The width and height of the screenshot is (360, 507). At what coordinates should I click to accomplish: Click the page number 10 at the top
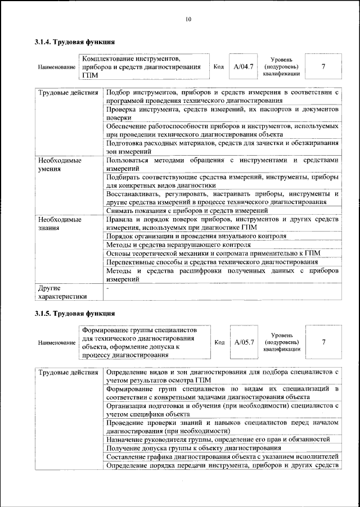[188, 20]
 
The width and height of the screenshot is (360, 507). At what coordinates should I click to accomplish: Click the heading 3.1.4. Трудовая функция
[75, 42]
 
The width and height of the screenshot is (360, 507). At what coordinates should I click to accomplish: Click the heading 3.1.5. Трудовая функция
[75, 313]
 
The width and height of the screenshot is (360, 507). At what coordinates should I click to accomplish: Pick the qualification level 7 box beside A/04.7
[323, 67]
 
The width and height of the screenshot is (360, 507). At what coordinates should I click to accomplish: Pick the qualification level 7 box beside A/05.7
[323, 342]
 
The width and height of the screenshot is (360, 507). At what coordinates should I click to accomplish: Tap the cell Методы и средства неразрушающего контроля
[178, 245]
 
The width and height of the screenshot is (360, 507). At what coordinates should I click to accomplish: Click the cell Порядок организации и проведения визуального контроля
[196, 236]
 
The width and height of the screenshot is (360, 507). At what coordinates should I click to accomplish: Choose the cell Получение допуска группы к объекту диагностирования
[193, 448]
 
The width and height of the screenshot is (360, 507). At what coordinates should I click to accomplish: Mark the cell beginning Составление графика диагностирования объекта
[222, 456]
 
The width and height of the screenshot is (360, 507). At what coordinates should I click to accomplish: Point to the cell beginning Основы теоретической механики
[213, 254]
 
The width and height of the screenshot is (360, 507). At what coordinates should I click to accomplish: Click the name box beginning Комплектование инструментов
[143, 67]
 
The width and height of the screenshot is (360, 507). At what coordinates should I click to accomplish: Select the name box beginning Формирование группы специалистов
[143, 342]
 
